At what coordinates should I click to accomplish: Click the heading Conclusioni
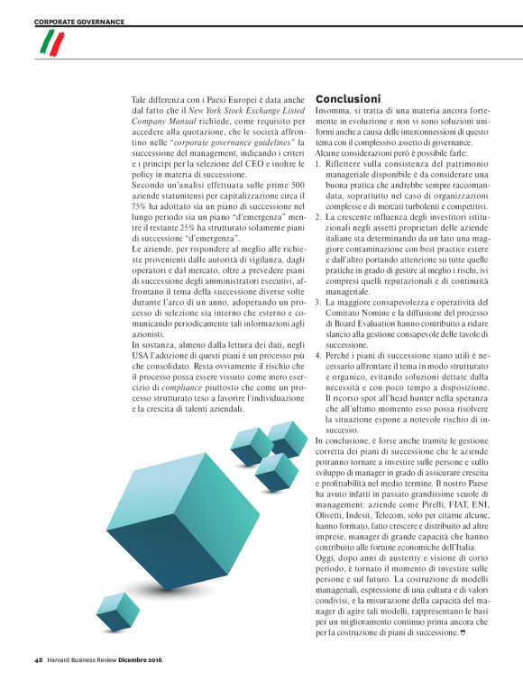pos(347,98)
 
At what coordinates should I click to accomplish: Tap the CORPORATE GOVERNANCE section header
pos(79,22)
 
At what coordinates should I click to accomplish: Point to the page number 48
pos(39,660)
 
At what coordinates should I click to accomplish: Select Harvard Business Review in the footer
pos(87,660)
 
